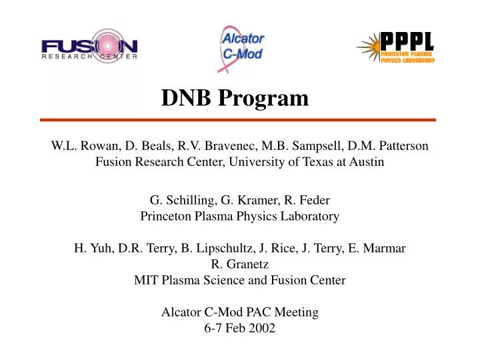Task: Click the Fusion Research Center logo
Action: pos(89,47)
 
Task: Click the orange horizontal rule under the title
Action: pos(238,120)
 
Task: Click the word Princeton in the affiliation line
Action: pos(166,216)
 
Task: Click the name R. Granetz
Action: pos(240,264)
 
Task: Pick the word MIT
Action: pos(146,280)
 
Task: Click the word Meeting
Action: pos(293,312)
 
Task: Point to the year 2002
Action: pos(261,328)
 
